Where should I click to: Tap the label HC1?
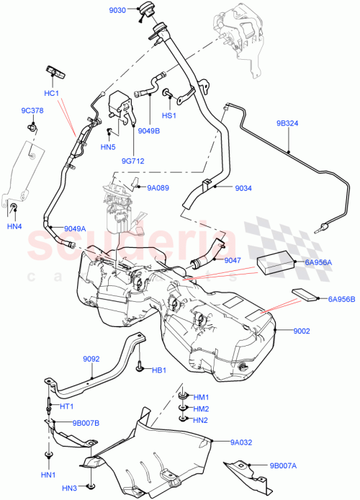[51, 94]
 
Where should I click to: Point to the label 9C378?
[32, 111]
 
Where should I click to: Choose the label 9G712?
[133, 161]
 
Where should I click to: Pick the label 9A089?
[158, 187]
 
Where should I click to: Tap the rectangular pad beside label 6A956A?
[275, 262]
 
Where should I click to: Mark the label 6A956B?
[342, 298]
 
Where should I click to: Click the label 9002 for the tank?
[302, 330]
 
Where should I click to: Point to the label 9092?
[91, 358]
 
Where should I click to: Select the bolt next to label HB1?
[138, 369]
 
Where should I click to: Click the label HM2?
[200, 409]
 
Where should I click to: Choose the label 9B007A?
[284, 466]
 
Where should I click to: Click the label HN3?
[70, 489]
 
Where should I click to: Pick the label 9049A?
[74, 228]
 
